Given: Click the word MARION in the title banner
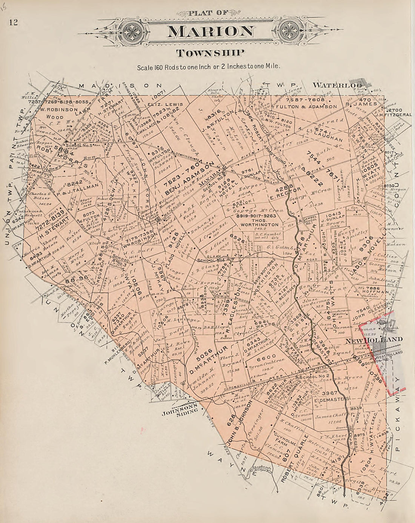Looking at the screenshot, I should click(x=210, y=32).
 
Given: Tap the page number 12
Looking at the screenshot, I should click(x=14, y=21).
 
